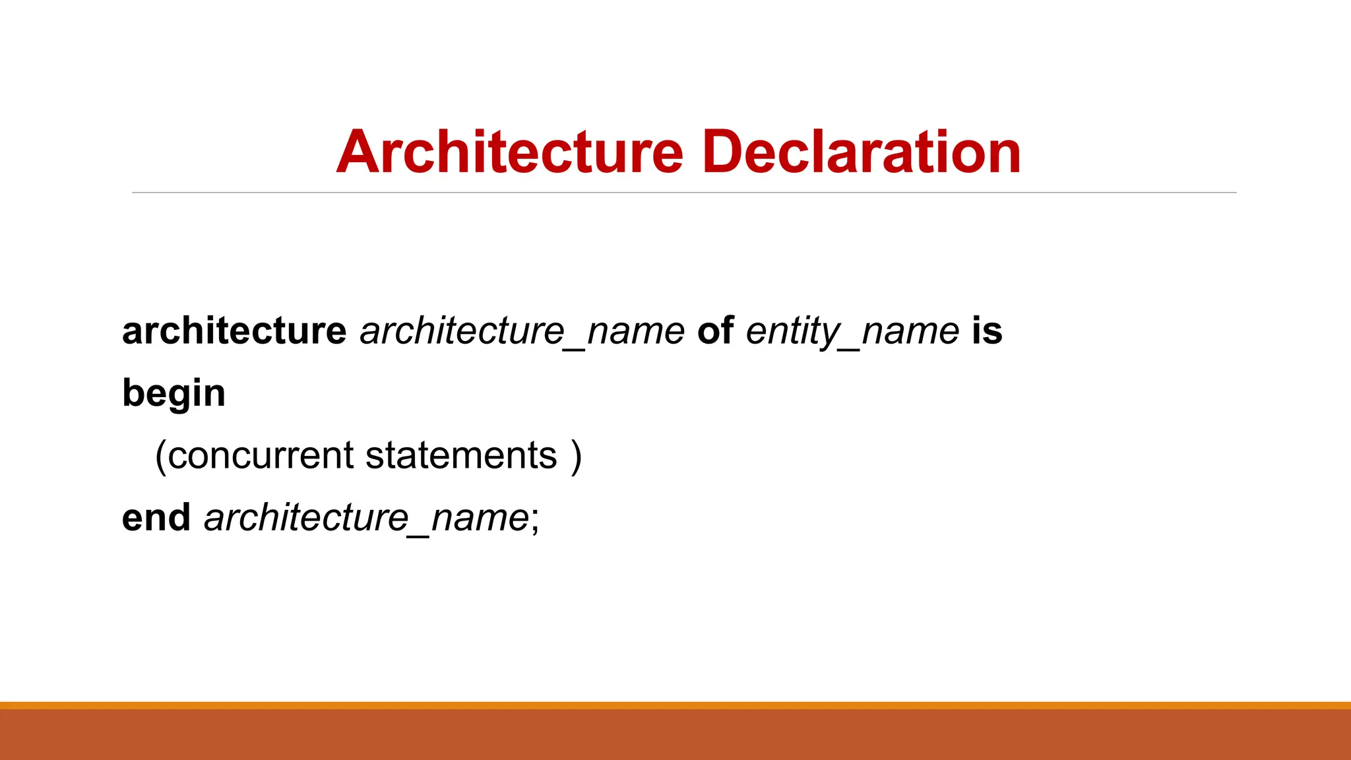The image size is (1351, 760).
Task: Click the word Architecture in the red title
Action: coord(509,152)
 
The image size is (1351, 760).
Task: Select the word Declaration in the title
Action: coord(862,152)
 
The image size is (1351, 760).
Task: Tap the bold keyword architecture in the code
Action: coord(234,331)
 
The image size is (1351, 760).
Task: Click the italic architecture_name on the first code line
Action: coord(522,331)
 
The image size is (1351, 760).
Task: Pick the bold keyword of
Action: coord(715,331)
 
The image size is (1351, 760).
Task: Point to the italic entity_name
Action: coord(852,331)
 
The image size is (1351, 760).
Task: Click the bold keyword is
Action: coord(987,331)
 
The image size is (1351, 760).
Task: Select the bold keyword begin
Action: coord(174,394)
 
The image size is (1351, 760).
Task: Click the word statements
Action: coord(461,455)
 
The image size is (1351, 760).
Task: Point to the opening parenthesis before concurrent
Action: coord(160,456)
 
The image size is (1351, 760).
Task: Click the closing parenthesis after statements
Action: coord(577,456)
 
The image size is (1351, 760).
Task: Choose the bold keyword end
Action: coord(156,517)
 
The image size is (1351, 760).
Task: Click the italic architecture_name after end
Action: coord(366,517)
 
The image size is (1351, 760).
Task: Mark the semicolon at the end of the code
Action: coord(535,521)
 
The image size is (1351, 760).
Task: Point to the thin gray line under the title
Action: coord(683,193)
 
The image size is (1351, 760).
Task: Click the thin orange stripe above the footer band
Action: coord(675,705)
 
